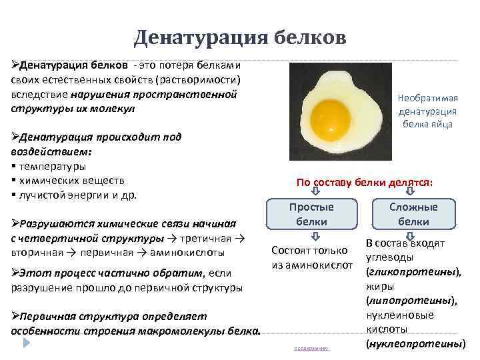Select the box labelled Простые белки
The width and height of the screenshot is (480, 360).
click(311, 215)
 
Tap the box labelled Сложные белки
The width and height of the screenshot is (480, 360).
click(413, 215)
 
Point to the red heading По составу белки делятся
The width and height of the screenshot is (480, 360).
click(364, 182)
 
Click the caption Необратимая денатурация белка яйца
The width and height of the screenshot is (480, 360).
click(427, 111)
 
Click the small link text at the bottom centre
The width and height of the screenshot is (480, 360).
click(311, 348)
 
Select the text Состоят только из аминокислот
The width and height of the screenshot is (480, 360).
click(311, 258)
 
